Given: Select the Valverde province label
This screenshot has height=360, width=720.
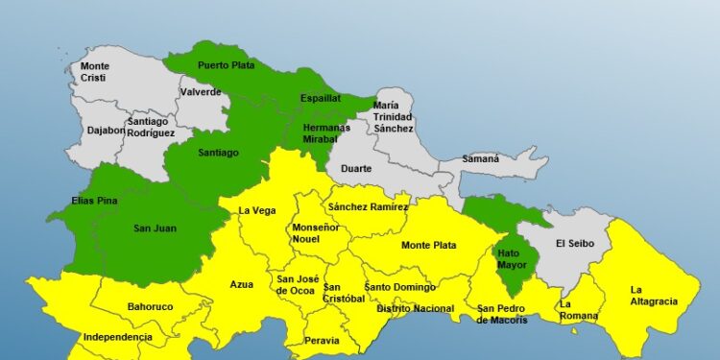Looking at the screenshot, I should pos(200,92).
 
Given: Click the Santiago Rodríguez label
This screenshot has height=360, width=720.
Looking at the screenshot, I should pos(151,127).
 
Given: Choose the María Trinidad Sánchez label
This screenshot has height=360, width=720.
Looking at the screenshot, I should pos(394,116).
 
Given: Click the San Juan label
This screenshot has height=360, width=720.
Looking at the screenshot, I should pos(153,228).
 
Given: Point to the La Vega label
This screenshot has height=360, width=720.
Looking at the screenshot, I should pos(257,211).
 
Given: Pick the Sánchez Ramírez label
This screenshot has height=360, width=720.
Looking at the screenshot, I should pos(368,206).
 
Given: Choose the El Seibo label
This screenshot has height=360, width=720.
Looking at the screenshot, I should pos(576,244).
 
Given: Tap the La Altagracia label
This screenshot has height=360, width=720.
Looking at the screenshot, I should pos(654,295).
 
